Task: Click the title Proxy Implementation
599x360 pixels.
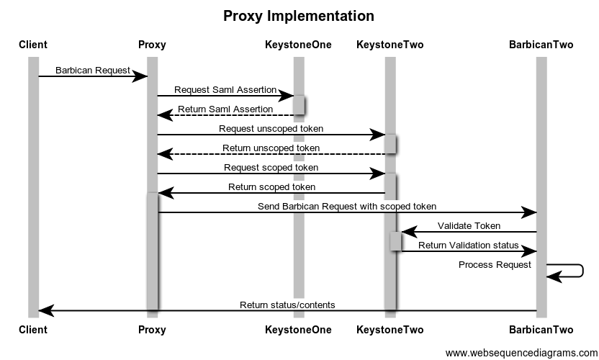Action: (299, 16)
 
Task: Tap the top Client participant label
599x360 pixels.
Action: (33, 45)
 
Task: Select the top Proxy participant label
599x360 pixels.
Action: (152, 45)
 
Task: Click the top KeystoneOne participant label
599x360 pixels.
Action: (298, 45)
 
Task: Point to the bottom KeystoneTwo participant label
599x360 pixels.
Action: (389, 330)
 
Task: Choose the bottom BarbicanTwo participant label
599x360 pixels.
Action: (541, 330)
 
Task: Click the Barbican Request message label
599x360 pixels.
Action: (93, 71)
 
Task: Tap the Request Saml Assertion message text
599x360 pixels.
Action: (225, 90)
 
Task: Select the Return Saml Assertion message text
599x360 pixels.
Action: (225, 109)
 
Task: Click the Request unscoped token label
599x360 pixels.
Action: (271, 129)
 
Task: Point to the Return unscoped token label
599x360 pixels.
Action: (271, 148)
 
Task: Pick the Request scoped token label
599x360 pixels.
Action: (271, 168)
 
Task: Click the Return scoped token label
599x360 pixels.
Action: (271, 187)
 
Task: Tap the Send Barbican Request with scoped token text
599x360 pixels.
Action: (347, 207)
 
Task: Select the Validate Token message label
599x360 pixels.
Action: (469, 226)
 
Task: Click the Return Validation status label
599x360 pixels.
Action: (469, 246)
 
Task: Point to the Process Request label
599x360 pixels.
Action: (495, 265)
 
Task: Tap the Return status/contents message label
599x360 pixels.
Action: (287, 305)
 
